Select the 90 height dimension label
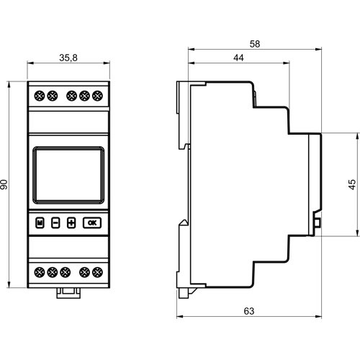6,185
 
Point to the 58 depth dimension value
254,43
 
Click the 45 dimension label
352,184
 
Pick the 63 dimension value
250,312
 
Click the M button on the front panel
40,222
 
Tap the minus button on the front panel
55,222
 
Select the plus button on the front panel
71,222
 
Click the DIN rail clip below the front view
68,291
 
